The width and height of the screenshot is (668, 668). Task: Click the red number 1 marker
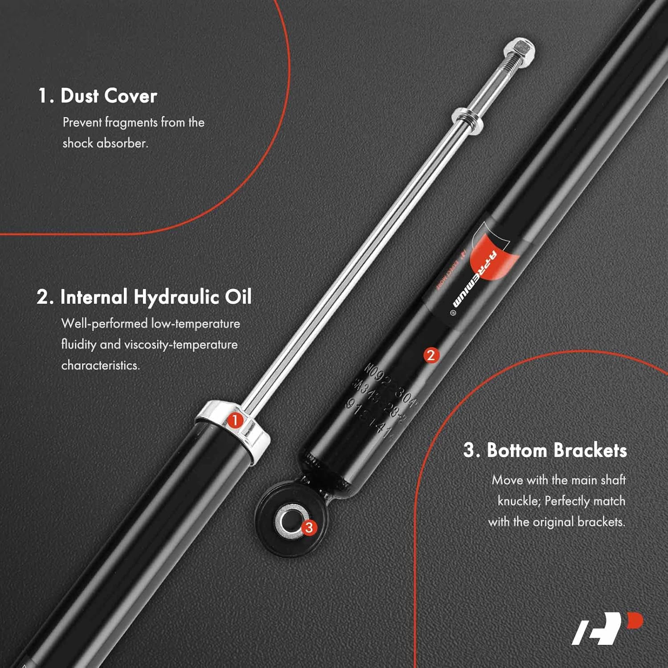(235, 420)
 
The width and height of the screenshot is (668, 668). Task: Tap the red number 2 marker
(431, 355)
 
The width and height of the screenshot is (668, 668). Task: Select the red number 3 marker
(309, 528)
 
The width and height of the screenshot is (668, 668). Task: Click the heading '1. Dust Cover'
(98, 96)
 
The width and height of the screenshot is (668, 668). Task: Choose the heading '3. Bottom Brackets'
(545, 450)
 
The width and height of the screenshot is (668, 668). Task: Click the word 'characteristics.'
(101, 365)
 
